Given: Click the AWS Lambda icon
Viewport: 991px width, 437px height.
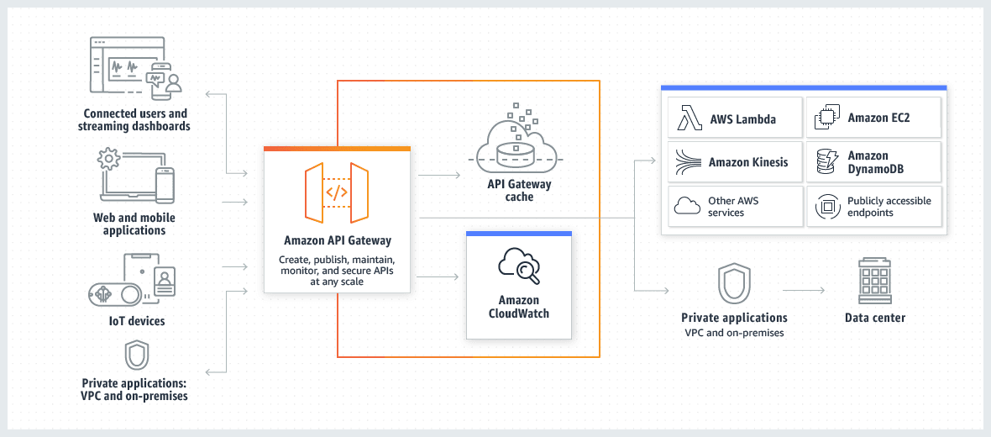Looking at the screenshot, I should [690, 119].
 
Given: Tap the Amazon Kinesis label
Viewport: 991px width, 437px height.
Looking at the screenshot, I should [748, 162].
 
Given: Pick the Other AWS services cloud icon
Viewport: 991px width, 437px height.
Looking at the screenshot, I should [687, 206].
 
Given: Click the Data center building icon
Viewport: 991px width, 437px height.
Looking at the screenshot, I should [874, 282].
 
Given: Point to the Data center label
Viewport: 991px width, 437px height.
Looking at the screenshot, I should [875, 318].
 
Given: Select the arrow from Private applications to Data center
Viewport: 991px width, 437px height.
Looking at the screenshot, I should [804, 291].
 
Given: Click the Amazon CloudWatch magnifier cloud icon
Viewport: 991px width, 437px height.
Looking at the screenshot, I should [518, 266].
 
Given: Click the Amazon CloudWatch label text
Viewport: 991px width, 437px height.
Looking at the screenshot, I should [518, 307].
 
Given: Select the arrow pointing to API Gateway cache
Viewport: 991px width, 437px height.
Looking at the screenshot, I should [438, 176].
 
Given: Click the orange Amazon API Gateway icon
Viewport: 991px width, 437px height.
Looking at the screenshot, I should [337, 192].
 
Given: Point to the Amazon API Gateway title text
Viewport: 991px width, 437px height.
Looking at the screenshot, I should [337, 241].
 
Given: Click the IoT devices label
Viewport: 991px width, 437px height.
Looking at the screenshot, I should [136, 321].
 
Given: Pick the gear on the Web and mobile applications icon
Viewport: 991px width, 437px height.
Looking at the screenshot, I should [107, 158].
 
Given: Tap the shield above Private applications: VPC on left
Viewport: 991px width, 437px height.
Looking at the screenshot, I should [136, 355].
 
